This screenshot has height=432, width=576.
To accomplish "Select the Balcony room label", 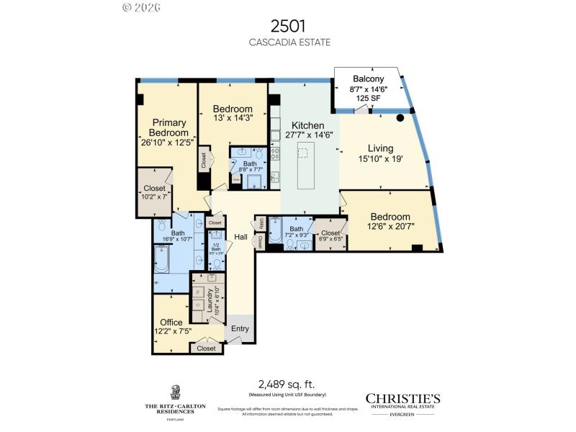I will pos(368,79).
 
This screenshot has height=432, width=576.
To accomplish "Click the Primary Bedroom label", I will pos(168,127).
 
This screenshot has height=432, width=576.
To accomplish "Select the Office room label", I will pos(171,323).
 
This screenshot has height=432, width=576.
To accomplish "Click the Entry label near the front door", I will pos(240,329).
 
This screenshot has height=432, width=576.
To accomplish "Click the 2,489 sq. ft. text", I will pos(287,384).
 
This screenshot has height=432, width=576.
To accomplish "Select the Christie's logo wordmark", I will pos(403,398).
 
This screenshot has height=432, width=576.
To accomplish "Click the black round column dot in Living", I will pos(400,118).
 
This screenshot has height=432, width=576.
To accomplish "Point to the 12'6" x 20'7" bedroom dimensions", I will pos(390,227).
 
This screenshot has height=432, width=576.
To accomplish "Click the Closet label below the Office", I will pos(207,348).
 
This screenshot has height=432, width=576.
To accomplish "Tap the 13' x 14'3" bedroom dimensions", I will pos(233,120).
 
